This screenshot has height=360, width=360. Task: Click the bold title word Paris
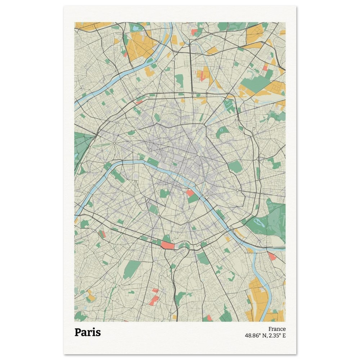[87, 332]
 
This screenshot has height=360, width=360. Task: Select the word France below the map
[277, 329]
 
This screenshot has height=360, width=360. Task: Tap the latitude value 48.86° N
[257, 336]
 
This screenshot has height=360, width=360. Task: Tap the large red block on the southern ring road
[167, 246]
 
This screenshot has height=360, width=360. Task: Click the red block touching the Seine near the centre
[190, 193]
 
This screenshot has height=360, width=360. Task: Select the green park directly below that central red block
[193, 198]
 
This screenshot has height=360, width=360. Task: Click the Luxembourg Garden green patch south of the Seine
[164, 193]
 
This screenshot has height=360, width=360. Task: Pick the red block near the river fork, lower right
[271, 256]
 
